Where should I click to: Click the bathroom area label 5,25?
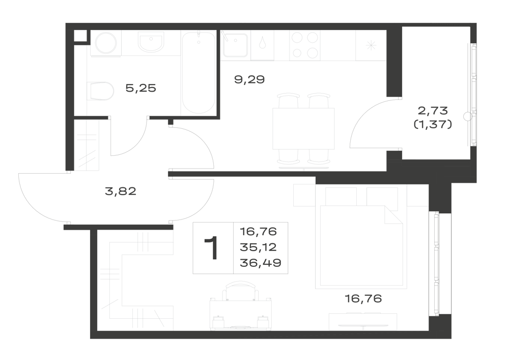coord(140,88)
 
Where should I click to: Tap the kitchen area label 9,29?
coord(249,79)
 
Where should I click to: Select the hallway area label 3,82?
coord(121,191)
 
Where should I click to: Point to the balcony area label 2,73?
coord(433,110)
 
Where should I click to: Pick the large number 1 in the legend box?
coord(211,248)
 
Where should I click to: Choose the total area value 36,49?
coord(260,263)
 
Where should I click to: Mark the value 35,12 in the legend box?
coord(259,247)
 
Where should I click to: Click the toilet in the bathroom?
coord(100,91)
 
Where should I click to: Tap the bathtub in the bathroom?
coord(199,72)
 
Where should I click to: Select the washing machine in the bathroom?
coord(106,43)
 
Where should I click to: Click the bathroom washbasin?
coord(151,42)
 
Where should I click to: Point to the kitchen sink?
coord(235,45)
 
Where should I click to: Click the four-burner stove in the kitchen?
coord(305,45)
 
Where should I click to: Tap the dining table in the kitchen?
coord(303,128)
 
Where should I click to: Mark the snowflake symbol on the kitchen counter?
coord(371,45)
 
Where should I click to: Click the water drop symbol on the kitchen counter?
coord(262,43)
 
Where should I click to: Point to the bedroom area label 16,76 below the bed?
coord(363,298)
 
